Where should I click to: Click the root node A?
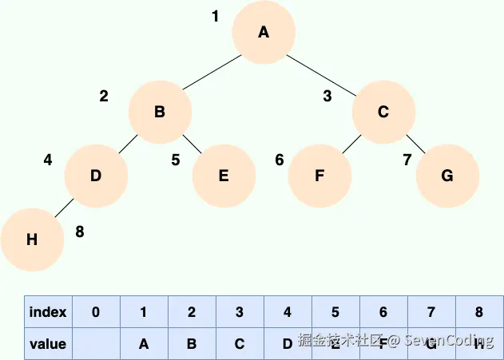pos(264,33)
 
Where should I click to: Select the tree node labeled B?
pos(160,113)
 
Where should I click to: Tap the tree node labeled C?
pos(383,113)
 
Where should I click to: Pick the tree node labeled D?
pos(96,176)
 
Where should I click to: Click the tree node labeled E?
pos(224,176)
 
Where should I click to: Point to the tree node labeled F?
pos(319,176)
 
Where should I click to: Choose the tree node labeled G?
pos(447,176)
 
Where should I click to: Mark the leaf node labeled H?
pos(32,240)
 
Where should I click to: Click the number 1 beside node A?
pos(215,16)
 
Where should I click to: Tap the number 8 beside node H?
pos(79,232)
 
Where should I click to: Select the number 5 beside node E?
pos(176,160)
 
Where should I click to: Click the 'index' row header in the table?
pos(48,312)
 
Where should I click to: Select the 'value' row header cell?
pos(48,344)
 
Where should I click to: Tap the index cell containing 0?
pos(96,312)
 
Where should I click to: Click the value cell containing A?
pos(144,344)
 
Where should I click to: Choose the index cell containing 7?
pos(431,312)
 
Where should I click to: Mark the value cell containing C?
pos(240,344)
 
